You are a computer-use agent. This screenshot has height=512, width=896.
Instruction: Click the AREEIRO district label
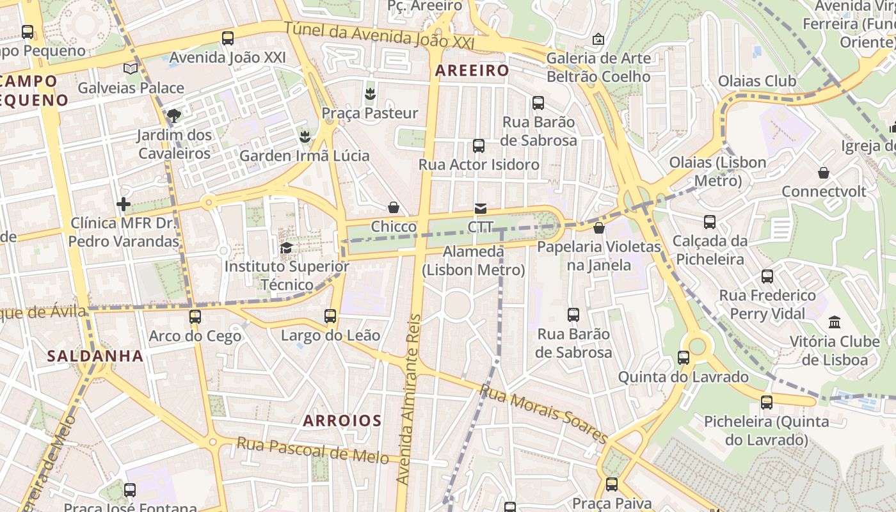(472, 70)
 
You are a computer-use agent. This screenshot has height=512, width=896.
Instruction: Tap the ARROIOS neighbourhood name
(342, 420)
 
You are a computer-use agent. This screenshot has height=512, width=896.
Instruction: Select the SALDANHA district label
(95, 356)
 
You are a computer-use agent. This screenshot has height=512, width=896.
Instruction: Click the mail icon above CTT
(480, 209)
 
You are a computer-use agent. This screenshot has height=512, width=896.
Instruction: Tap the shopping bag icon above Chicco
(393, 208)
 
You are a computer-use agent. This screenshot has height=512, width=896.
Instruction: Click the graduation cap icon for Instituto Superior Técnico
(286, 248)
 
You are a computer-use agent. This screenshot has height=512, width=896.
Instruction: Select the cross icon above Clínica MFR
(124, 205)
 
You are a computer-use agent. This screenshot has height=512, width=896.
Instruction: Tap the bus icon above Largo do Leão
(330, 316)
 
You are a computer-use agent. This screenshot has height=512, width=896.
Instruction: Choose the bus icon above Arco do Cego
(195, 317)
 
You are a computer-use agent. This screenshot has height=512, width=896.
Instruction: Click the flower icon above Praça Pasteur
(369, 95)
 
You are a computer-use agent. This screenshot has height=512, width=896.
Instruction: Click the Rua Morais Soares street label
(543, 413)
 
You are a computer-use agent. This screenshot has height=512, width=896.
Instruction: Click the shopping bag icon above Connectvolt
(824, 173)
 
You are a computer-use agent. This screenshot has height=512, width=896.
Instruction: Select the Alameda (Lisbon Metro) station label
(474, 261)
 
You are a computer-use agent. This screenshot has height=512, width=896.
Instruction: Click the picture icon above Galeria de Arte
(598, 40)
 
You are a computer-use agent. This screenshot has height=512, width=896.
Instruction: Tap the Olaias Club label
(757, 81)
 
